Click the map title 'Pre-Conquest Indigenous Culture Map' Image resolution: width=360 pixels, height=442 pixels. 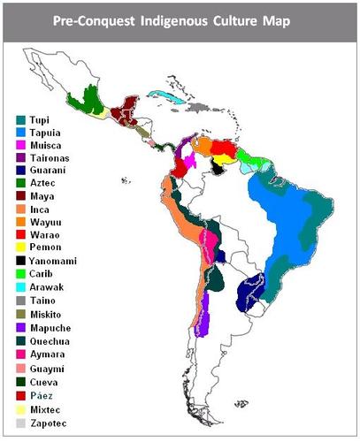180,19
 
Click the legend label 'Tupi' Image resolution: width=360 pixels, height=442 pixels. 42,118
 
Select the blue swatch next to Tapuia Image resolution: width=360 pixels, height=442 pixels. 21,133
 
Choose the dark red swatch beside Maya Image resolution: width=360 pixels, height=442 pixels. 21,202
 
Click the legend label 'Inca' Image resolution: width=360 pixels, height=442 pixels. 41,217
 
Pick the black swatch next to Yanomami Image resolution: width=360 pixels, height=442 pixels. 21,259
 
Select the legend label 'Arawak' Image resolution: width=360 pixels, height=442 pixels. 47,287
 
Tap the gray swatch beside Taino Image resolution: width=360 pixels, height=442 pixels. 21,301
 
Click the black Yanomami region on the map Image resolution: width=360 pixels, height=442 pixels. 218,166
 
